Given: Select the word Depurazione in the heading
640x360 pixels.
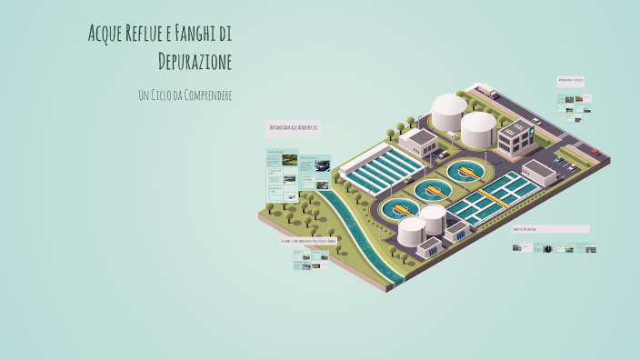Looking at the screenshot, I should [195, 62].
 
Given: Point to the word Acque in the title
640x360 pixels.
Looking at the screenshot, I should [105, 35].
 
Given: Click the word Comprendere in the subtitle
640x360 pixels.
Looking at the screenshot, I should [205, 95].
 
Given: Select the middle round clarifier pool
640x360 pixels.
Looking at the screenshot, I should [432, 190].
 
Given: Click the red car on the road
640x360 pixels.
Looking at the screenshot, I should [595, 152].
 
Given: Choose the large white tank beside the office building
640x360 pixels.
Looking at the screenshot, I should [477, 128].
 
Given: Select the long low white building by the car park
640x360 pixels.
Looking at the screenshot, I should [539, 172].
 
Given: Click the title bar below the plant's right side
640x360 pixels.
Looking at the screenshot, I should [550, 229].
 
